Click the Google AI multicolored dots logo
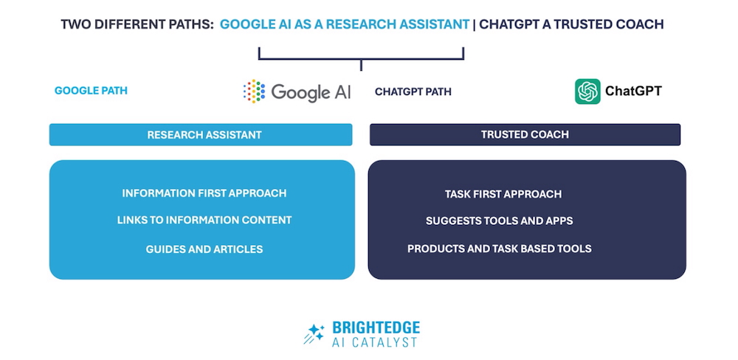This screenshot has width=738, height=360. [x=254, y=91]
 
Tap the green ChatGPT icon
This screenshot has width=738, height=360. [x=587, y=91]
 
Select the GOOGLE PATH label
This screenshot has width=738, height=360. [x=91, y=91]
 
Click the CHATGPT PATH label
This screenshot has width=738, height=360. [x=413, y=91]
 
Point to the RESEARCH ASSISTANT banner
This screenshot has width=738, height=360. [x=201, y=134]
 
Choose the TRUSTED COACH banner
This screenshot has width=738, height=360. [x=525, y=134]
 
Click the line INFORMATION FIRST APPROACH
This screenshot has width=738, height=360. [x=204, y=193]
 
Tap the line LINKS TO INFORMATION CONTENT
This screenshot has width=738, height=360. [x=204, y=221]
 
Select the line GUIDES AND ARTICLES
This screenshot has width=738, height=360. [x=204, y=249]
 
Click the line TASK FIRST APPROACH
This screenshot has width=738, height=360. [x=503, y=194]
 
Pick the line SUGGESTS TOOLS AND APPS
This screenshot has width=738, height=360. [x=500, y=221]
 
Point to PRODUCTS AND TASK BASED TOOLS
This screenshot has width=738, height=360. [x=500, y=249]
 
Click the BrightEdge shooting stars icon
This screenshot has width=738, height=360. [x=314, y=333]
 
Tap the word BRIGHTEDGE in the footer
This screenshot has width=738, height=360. [x=376, y=328]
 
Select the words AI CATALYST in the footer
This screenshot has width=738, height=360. [x=375, y=342]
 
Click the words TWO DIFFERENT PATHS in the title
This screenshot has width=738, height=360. [x=137, y=24]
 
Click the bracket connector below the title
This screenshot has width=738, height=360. [x=361, y=59]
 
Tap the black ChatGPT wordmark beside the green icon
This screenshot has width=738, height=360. [x=633, y=91]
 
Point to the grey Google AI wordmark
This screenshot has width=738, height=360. [x=311, y=92]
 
